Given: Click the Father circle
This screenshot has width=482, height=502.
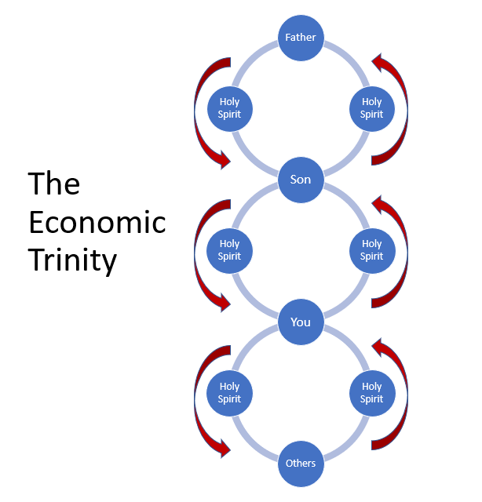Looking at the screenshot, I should coord(301,37).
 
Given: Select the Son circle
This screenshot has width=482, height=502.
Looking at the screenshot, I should coord(301,180).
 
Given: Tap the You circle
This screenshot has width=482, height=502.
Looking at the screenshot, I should coord(301,322).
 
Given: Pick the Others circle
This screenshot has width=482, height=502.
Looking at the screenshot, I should coord(301,463).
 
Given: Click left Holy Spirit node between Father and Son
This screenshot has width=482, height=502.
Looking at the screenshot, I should coord(229,107).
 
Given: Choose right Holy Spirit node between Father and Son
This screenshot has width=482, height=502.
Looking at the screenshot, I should coord(371,107).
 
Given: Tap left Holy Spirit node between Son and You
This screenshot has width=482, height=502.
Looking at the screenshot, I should coord(229,249).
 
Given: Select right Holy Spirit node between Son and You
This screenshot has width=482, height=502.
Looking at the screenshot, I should coord(371,249).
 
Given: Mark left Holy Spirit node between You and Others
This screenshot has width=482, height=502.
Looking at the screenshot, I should coord(229,392).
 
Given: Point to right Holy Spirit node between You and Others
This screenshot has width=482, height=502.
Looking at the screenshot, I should coord(371,392).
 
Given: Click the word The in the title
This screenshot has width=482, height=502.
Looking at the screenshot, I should coord(54,184).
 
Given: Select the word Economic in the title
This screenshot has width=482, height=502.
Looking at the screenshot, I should coord(97,222).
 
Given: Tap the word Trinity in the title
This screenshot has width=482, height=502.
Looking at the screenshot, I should coord(72,260).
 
